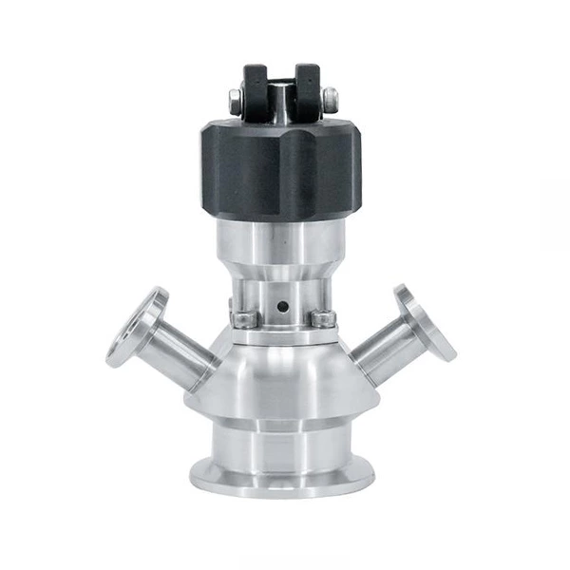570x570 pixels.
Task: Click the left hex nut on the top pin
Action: pyautogui.click(x=235, y=97)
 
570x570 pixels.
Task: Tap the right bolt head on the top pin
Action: pyautogui.click(x=330, y=97)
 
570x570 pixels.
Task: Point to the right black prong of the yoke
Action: pyautogui.click(x=307, y=86)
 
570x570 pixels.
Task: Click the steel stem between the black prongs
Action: pyautogui.click(x=281, y=100)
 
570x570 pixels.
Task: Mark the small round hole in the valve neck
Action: pyautogui.click(x=280, y=307)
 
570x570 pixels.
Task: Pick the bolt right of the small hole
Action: pyautogui.click(x=323, y=317)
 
